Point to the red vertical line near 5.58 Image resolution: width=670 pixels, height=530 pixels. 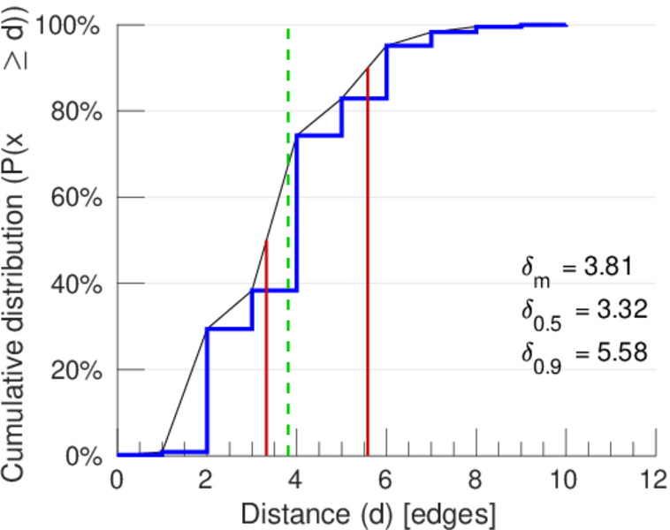click(x=367, y=265)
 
